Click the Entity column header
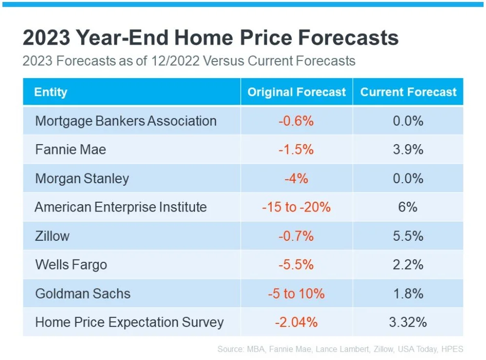(x=51, y=92)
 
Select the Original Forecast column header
(x=296, y=92)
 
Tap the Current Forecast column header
(x=408, y=92)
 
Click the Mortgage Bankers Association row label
(x=126, y=121)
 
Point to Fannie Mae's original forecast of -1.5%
(x=296, y=149)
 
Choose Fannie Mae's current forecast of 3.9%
(x=408, y=149)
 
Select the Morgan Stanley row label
(x=82, y=178)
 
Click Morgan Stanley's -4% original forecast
(x=296, y=178)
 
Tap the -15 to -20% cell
(x=296, y=207)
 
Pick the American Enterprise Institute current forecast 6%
(x=408, y=207)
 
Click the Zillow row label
(x=52, y=236)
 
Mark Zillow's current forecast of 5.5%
(x=408, y=236)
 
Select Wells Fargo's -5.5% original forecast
(x=296, y=265)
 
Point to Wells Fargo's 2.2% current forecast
(x=408, y=265)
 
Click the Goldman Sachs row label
(x=83, y=294)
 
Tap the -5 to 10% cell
(x=296, y=294)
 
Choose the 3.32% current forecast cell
(x=408, y=322)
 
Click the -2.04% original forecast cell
(x=296, y=322)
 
